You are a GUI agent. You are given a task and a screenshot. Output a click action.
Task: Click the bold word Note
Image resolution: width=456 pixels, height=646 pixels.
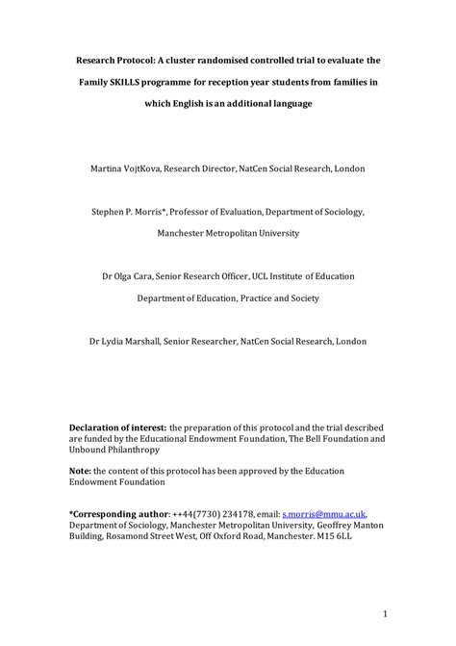pos(82,470)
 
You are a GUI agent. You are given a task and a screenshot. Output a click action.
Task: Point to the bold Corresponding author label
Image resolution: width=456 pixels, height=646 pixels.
pos(119,514)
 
